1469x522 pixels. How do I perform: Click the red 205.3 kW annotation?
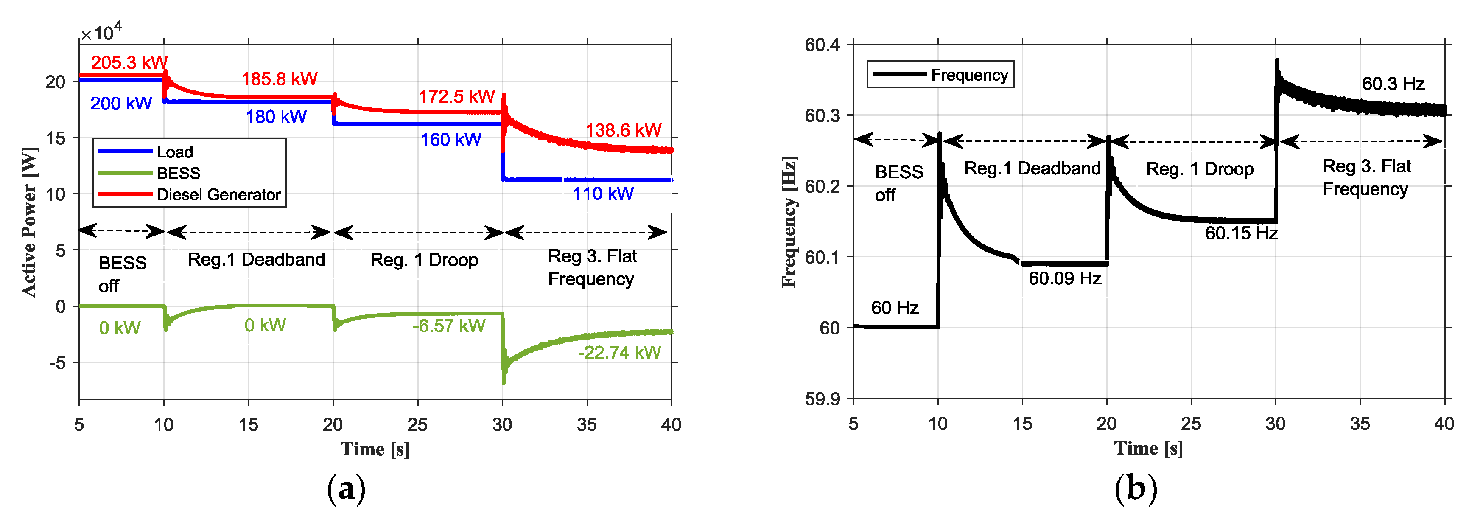tap(129, 62)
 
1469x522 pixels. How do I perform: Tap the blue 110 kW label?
tap(603, 194)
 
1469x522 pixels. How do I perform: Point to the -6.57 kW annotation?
tap(449, 326)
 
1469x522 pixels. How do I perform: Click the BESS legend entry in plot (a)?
tap(178, 173)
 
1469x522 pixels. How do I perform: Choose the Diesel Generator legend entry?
tap(218, 194)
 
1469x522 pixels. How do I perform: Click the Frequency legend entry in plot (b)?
tap(969, 75)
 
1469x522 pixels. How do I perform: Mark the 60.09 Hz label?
tap(1064, 278)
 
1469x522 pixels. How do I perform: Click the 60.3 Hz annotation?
tap(1393, 84)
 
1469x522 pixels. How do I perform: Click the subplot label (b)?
tap(1136, 488)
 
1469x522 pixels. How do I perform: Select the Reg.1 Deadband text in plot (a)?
tap(256, 260)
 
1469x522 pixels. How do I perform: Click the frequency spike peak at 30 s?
tap(1276, 60)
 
